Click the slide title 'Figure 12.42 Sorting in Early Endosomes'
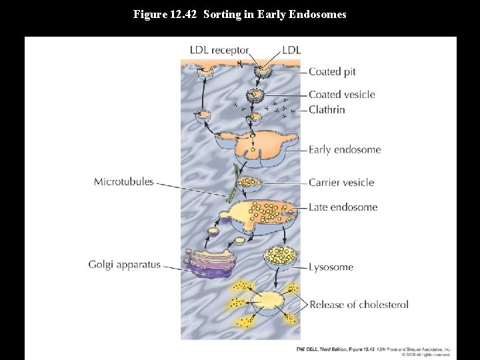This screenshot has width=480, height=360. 240,14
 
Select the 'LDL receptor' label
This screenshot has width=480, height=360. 219,50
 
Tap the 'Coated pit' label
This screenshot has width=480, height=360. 333,71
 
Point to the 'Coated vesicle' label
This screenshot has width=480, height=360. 341,95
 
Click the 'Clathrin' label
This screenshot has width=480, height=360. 327,109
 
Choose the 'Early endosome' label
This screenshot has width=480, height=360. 344,149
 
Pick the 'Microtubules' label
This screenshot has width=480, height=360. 123,181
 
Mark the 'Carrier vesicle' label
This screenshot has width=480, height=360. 341,182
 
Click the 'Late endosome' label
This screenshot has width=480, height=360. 343,207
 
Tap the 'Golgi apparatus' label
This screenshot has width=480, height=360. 124,265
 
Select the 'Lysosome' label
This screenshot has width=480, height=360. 331,267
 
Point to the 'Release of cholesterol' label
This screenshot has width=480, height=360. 359,305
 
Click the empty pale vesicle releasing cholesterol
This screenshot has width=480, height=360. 267,302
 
